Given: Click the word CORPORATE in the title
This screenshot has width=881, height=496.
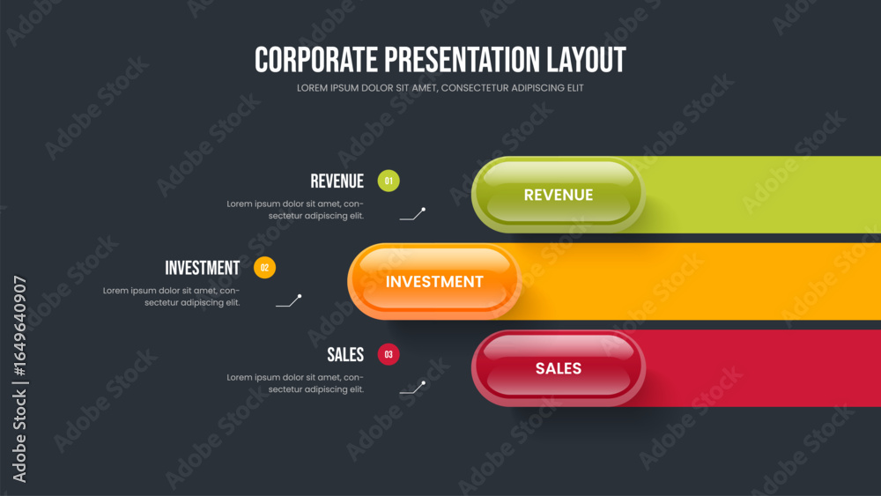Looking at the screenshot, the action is tap(316, 60).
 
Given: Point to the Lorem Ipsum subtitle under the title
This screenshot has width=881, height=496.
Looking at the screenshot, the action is tap(440, 88).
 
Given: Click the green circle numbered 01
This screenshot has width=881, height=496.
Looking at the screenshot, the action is tap(389, 181).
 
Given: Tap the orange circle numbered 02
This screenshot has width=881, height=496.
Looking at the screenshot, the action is tap(264, 267).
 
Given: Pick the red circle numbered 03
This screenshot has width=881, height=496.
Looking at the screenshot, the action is tap(389, 354).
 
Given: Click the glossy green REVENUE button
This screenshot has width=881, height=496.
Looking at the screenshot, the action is tap(558, 195).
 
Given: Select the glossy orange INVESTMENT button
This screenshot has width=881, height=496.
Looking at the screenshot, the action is tap(434, 281).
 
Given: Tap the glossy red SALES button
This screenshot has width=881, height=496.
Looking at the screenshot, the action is tap(558, 368).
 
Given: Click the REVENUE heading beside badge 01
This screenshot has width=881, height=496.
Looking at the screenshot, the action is tap(337, 181).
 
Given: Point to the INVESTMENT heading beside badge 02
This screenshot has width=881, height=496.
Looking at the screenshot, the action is tap(203, 268).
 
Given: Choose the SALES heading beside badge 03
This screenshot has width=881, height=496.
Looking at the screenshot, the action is tap(345, 355).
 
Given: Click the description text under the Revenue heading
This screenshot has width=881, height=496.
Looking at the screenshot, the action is tap(295, 210).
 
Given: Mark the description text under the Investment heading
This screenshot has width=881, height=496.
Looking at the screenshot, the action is tap(172, 297).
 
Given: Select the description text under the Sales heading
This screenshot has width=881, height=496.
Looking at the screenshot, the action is tap(295, 383).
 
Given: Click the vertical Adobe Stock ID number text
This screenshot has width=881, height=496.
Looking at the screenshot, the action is tap(19, 326).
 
